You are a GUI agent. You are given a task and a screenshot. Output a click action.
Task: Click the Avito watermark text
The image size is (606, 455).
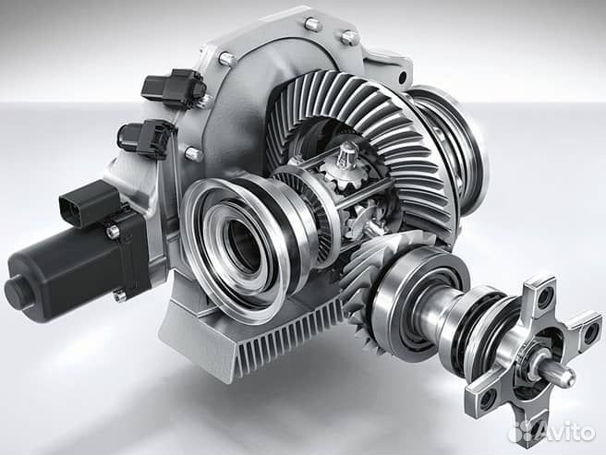pos(566,432)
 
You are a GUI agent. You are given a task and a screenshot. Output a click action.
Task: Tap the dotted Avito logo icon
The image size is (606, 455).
pos(521,432)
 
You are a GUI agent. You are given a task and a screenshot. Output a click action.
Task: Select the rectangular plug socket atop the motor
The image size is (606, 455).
pos(89,202)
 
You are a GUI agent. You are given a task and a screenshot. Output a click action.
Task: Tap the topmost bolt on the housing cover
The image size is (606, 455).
pos(313,24)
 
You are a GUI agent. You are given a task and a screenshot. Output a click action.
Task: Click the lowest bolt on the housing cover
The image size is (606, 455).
pos(194,153)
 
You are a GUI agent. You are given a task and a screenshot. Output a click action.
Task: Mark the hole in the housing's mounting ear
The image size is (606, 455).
pos(403,78)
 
